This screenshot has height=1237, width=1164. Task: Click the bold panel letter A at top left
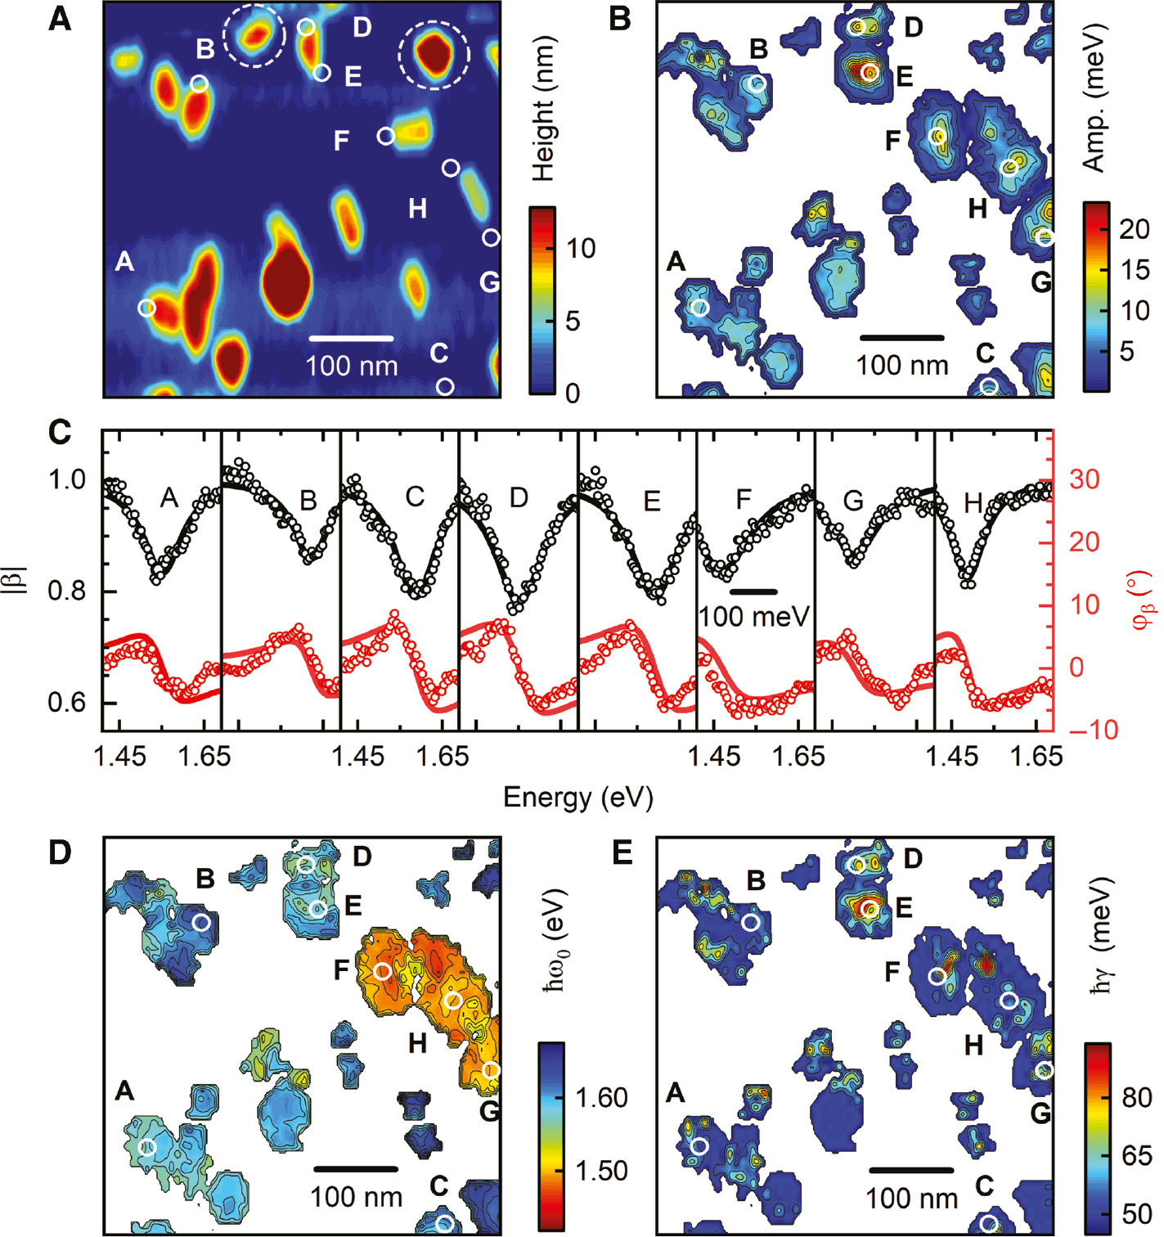click(x=60, y=18)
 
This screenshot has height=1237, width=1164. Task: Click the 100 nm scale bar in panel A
click(x=351, y=338)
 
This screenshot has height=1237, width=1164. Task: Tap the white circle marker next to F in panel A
click(x=385, y=136)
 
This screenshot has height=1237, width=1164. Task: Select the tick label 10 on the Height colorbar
click(x=580, y=249)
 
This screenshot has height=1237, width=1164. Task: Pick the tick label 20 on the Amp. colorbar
click(x=1134, y=229)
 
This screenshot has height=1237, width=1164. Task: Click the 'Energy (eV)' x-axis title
click(x=578, y=797)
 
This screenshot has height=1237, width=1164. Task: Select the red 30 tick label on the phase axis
click(x=1083, y=479)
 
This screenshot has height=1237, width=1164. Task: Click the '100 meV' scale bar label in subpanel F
click(x=753, y=616)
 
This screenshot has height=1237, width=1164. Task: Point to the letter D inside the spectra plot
click(x=519, y=497)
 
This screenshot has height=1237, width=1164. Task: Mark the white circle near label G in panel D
click(x=491, y=1070)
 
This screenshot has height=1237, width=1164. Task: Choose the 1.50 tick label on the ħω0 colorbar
click(x=601, y=1171)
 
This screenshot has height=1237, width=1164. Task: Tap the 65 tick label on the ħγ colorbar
click(x=1136, y=1155)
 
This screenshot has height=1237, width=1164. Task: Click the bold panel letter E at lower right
click(x=622, y=853)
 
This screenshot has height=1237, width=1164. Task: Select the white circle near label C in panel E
click(x=989, y=1224)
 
